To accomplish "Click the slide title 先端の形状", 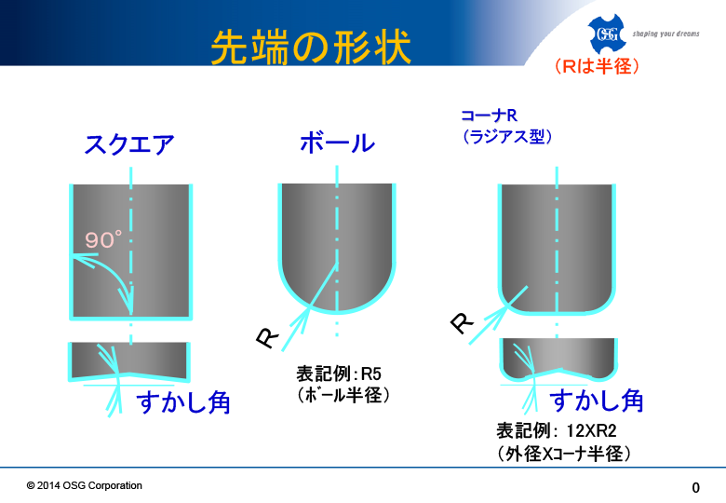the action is pyautogui.click(x=311, y=47).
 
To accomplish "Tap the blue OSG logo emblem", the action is pyautogui.click(x=607, y=34).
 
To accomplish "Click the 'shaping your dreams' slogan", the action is pyautogui.click(x=665, y=34).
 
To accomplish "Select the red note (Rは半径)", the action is pyautogui.click(x=597, y=66).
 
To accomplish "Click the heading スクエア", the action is pyautogui.click(x=129, y=144).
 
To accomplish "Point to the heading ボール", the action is pyautogui.click(x=337, y=143).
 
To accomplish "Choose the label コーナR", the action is pyautogui.click(x=489, y=115).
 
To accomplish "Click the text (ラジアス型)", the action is pyautogui.click(x=507, y=136).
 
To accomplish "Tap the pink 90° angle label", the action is pyautogui.click(x=103, y=239).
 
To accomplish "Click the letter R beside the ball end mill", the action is pyautogui.click(x=268, y=337).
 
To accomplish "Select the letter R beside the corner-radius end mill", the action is pyautogui.click(x=462, y=322).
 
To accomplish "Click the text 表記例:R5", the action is pyautogui.click(x=339, y=374).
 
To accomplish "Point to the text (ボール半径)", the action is pyautogui.click(x=343, y=395).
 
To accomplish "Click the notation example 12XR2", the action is pyautogui.click(x=591, y=430).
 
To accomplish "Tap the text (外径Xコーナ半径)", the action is pyautogui.click(x=563, y=454).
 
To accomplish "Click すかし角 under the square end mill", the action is pyautogui.click(x=183, y=401).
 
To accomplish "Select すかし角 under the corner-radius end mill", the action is pyautogui.click(x=597, y=401).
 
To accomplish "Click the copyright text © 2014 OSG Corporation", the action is pyautogui.click(x=85, y=485).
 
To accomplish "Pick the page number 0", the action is pyautogui.click(x=695, y=487).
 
